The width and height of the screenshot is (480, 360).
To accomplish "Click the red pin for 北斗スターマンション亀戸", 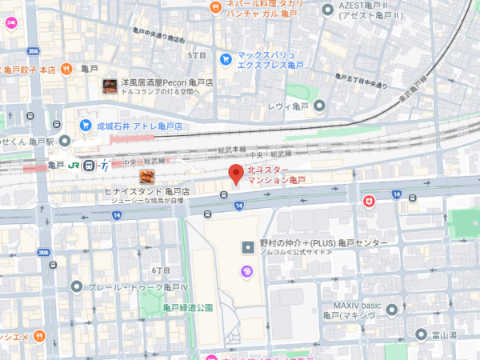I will pos(236,174).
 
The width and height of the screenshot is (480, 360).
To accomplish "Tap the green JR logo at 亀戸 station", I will pos(74,166).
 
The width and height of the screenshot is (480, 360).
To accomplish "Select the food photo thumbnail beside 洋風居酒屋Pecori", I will pos(110,85).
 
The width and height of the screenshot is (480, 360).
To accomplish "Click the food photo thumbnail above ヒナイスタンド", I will pos(146,177).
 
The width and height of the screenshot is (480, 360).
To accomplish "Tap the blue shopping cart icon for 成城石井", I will pos(86,126).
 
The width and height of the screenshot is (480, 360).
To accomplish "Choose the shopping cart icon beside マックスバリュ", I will pos(226,58).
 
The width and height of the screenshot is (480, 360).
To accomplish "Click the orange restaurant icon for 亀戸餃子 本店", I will pos(66,69).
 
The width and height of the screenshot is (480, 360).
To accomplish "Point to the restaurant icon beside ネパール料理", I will pos(214,8).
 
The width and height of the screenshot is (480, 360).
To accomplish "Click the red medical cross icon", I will pos(369,200).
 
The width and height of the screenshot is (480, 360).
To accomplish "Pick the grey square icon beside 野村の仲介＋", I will pos(247,243).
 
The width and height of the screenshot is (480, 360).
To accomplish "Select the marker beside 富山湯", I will pos(421,334).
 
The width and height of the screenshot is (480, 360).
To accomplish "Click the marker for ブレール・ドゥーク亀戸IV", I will pos(76,286).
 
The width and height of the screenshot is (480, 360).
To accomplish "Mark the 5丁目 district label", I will pos(197,56).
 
